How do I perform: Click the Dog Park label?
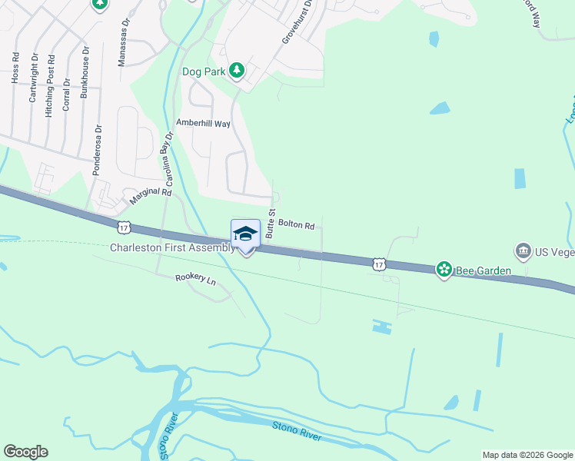(202, 71)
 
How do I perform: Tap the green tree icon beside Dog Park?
(238, 71)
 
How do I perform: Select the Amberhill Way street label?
(203, 123)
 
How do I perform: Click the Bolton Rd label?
(297, 226)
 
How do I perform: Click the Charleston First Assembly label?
(172, 247)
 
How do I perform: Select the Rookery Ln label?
(196, 279)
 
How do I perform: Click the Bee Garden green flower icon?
(444, 270)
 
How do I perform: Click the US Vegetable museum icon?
(523, 250)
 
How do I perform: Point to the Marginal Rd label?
(150, 197)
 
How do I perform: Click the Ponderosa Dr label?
(97, 150)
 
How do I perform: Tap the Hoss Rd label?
(15, 68)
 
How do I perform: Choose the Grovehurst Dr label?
(297, 20)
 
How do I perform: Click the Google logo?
(25, 452)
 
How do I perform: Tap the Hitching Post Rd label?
(50, 85)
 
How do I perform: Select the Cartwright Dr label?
(34, 78)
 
